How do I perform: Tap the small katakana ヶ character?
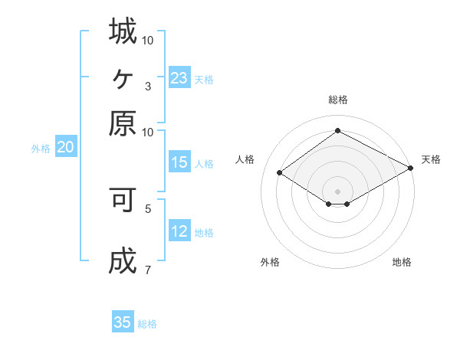123,77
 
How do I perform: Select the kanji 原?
123,123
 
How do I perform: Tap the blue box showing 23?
179,78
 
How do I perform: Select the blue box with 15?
179,162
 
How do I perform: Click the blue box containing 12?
179,232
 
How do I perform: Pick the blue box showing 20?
65,148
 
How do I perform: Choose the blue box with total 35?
123,322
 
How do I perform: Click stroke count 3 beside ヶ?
147,86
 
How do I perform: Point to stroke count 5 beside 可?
147,208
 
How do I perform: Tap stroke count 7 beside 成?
147,270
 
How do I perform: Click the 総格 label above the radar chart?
338,100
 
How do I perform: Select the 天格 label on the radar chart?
431,159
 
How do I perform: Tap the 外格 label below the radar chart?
270,263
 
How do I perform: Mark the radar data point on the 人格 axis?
280,173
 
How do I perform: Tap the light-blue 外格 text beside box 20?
41,149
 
